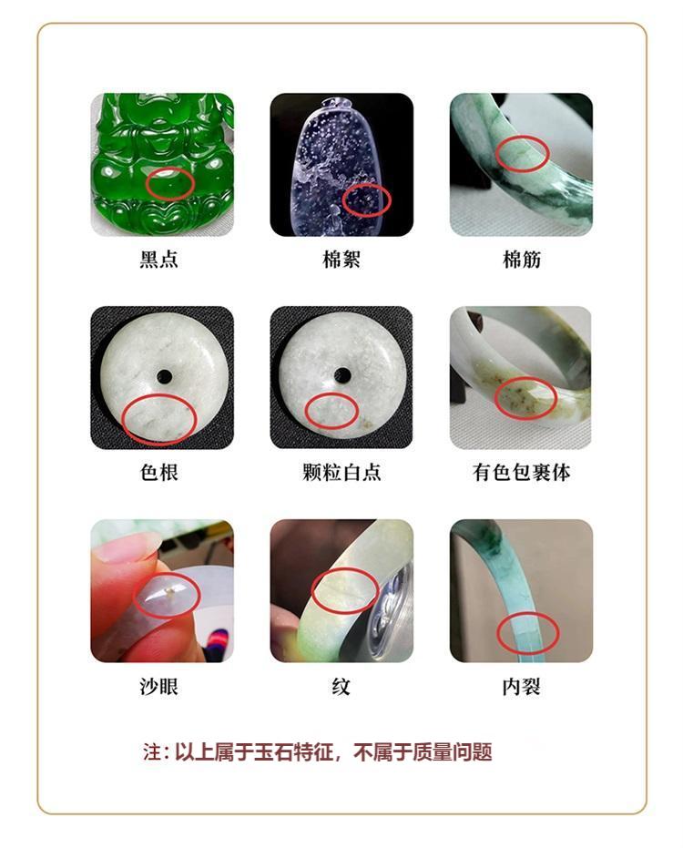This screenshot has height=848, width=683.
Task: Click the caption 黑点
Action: point(159,259)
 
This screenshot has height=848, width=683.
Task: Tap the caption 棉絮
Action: point(341,259)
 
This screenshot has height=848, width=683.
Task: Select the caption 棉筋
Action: point(522,260)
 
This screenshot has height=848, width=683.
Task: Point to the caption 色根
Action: point(159,472)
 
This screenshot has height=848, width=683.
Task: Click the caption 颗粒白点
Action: point(341,472)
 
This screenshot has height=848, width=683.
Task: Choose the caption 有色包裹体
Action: point(521,472)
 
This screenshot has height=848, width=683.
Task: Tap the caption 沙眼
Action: point(159,686)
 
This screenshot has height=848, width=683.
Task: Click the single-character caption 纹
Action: point(341,687)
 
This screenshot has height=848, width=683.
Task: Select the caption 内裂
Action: point(521,687)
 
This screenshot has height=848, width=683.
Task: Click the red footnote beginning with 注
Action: point(318,752)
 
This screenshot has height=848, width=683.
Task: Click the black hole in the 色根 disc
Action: point(165,376)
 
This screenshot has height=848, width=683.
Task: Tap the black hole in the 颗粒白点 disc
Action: point(342,374)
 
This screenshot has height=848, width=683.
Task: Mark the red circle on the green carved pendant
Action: point(169,184)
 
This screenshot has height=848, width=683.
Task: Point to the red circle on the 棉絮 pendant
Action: point(367,199)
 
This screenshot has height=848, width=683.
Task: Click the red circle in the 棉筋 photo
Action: point(523,154)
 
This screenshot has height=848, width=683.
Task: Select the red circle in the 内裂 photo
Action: point(527,633)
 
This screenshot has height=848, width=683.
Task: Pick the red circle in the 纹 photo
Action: point(345,590)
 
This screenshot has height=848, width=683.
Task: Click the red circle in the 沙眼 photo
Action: point(167,595)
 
